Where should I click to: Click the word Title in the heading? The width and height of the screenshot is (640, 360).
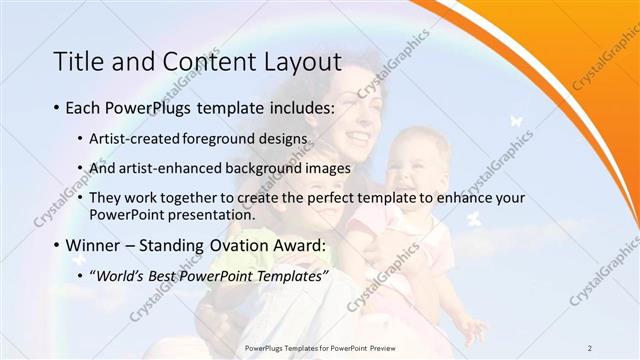(x=78, y=63)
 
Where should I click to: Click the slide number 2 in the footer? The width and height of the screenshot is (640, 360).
(x=589, y=347)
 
